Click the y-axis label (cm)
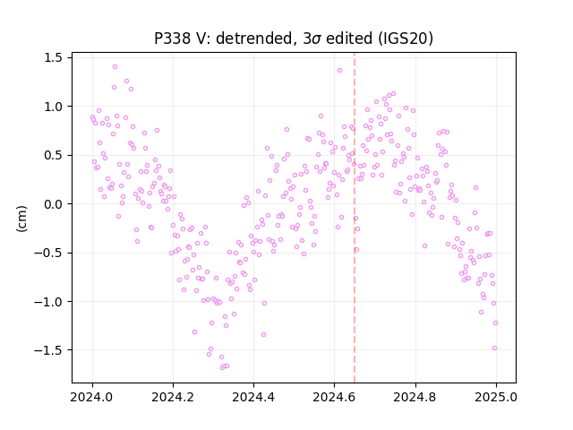[x=21, y=219]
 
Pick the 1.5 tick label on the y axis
[x=53, y=57]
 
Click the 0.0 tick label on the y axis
[x=53, y=204]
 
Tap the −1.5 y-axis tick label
[x=47, y=350]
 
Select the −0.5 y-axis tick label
[x=47, y=253]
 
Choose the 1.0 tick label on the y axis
[x=53, y=107]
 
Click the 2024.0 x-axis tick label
[x=92, y=397]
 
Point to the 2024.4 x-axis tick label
[x=253, y=397]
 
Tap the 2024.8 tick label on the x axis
[x=415, y=397]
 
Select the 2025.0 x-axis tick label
[x=496, y=397]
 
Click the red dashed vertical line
[x=355, y=218]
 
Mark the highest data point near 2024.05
[x=115, y=67]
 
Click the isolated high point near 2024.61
[x=339, y=70]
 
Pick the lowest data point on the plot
[x=223, y=367]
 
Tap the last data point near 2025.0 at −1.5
[x=495, y=348]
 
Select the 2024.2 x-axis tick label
[x=173, y=397]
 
